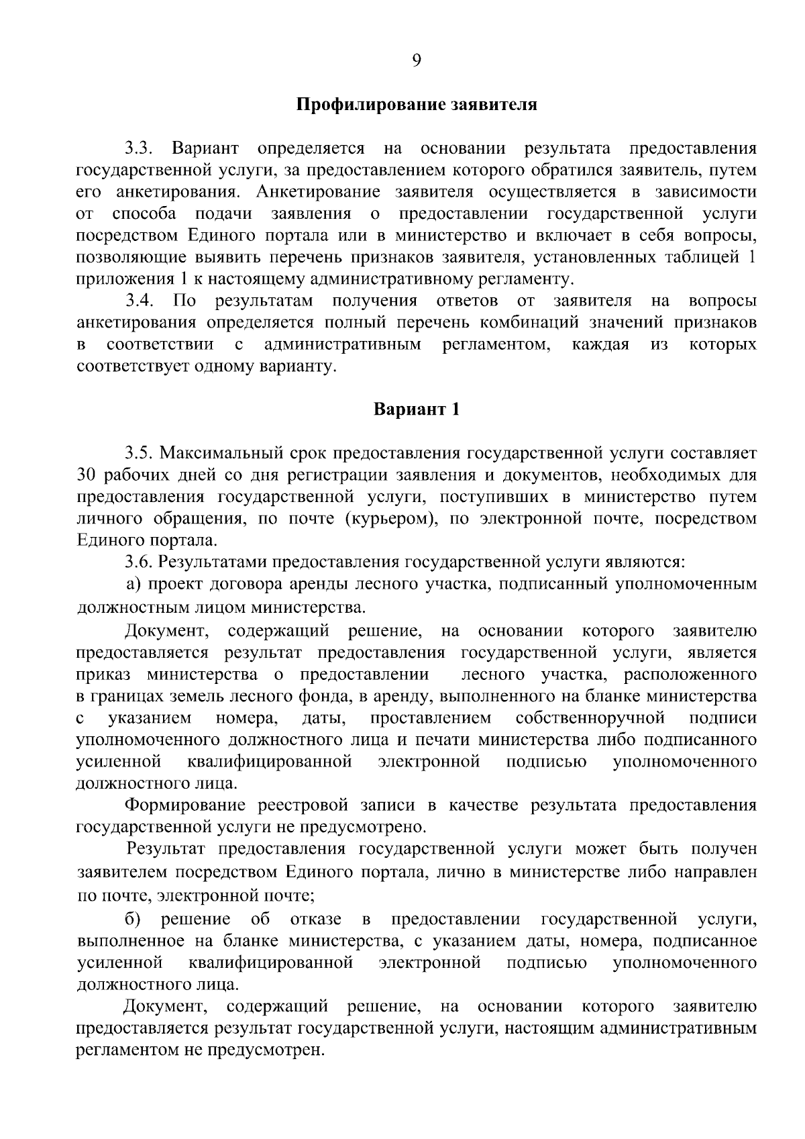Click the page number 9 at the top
point(416,61)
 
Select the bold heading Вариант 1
point(417,409)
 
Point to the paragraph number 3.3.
point(140,149)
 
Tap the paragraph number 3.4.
point(140,301)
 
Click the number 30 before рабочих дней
point(89,475)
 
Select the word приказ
point(103,674)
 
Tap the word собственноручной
point(590,718)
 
